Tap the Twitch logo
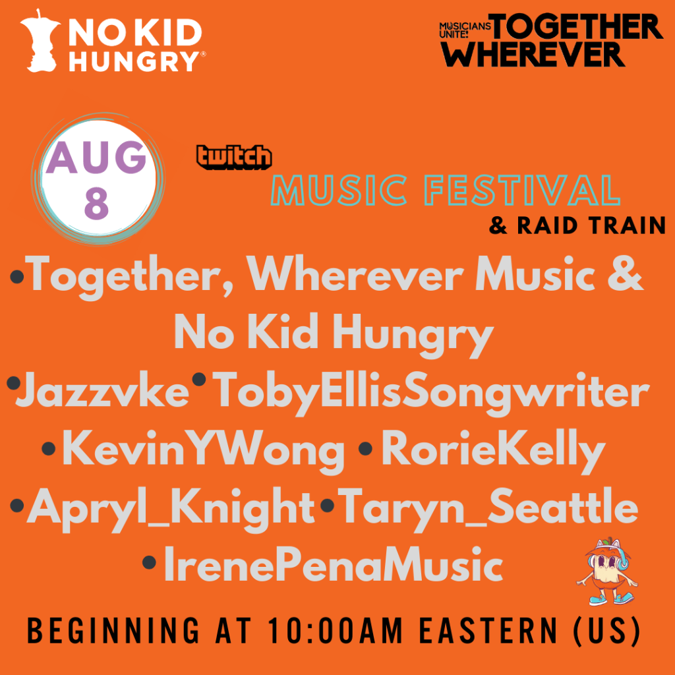(x=234, y=157)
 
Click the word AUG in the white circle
(x=96, y=158)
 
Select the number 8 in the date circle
(x=96, y=204)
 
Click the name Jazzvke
(x=103, y=390)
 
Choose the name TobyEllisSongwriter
(x=431, y=394)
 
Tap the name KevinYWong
(x=203, y=452)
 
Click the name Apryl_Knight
(x=171, y=510)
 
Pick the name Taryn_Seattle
(x=488, y=509)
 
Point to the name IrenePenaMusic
(x=333, y=564)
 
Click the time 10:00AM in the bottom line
(x=335, y=631)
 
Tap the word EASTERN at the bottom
(x=488, y=631)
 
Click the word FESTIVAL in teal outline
(x=522, y=190)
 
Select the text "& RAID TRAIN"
(x=577, y=225)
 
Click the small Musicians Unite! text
(x=465, y=30)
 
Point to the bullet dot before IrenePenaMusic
(x=149, y=562)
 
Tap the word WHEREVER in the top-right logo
(x=532, y=54)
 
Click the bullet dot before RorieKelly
(x=365, y=448)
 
